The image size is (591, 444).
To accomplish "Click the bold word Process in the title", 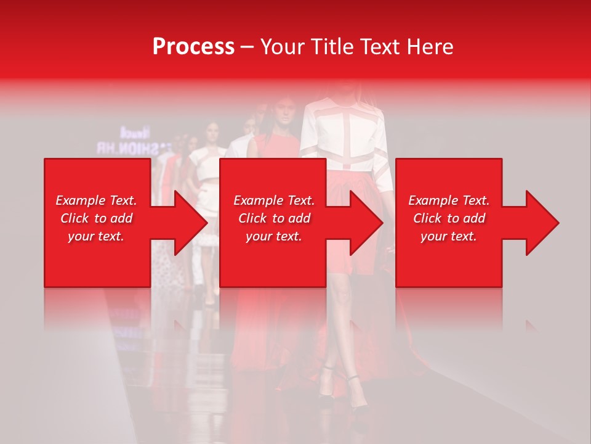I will click(193, 47).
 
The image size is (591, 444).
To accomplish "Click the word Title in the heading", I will click(330, 47).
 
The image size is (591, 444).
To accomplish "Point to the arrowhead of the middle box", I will click(365, 223).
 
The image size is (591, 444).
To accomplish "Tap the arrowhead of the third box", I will click(541, 223).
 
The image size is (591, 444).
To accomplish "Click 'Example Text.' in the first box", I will click(96, 200).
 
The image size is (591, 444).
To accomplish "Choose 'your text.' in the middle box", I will click(273, 236).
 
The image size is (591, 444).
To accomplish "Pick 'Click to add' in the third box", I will click(449, 218).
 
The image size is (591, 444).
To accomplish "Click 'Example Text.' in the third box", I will click(449, 200).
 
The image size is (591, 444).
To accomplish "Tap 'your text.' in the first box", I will click(96, 236).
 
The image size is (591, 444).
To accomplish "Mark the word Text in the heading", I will click(378, 47).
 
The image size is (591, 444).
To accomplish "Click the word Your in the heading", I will click(283, 47).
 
